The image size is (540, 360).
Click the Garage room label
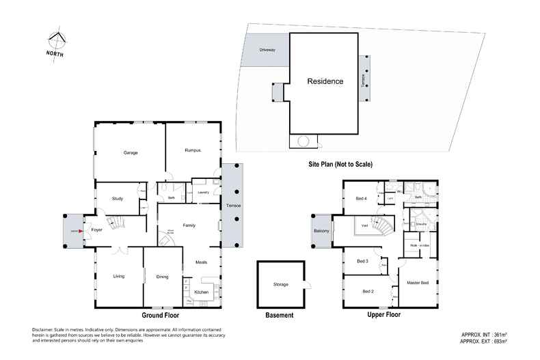click(x=131, y=152)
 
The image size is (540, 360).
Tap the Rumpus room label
click(x=192, y=150)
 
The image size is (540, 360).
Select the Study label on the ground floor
click(x=117, y=199)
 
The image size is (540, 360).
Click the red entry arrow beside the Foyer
click(x=81, y=231)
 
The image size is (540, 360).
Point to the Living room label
click(x=119, y=276)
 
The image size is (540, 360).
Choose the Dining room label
click(x=163, y=276)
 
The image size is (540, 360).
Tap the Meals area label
click(x=201, y=262)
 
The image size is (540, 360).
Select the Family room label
click(x=189, y=225)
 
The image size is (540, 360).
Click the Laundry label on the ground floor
click(x=202, y=193)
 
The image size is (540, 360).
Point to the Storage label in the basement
click(x=280, y=284)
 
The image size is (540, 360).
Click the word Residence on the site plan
click(x=325, y=81)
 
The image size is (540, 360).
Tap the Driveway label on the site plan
click(x=267, y=50)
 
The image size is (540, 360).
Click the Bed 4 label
click(x=361, y=198)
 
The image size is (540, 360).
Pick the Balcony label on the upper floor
click(x=322, y=231)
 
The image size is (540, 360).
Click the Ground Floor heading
click(x=161, y=316)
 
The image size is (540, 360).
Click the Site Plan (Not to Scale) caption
click(x=339, y=164)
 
